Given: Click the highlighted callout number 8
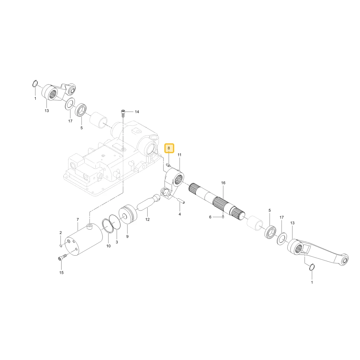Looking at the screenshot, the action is tap(169, 148).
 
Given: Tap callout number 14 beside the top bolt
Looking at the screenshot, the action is tap(137, 112).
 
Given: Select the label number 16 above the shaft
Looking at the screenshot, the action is tap(223, 183).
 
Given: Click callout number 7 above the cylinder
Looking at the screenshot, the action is tap(78, 220).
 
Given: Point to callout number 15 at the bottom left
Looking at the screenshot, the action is tap(61, 273).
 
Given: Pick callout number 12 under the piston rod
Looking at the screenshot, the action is tap(147, 220).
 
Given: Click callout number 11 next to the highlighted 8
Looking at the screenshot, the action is tap(180, 155).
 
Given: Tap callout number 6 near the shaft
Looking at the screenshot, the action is tap(210, 217).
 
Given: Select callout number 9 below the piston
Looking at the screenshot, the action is tap(127, 237).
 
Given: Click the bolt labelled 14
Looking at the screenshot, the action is tap(123, 114).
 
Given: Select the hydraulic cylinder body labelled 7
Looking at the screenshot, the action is tap(84, 240).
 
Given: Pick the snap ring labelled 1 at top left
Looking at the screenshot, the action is tap(35, 84).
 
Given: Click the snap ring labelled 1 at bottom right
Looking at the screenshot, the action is tap(312, 267).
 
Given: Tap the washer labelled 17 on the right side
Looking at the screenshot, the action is tap(282, 238).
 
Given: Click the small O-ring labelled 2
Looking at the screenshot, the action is tap(61, 246).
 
